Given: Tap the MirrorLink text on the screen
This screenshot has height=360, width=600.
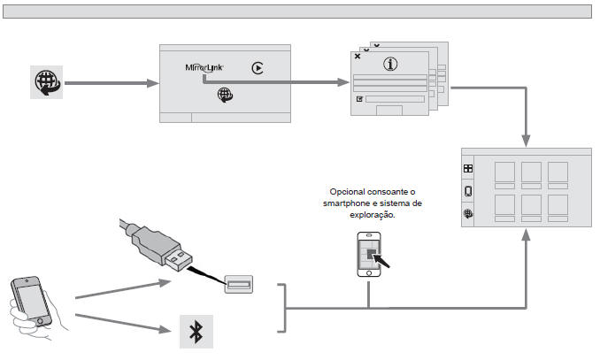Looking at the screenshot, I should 206,66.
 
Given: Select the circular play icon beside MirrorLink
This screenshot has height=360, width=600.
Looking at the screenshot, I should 258,67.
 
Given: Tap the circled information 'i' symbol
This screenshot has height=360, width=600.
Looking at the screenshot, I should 389,64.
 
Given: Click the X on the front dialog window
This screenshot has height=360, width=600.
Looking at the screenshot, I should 357,56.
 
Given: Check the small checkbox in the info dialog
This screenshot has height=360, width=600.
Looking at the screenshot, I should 359,99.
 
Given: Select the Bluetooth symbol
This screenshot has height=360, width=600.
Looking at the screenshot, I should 196,333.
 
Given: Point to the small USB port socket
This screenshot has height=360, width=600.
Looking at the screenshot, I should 238,283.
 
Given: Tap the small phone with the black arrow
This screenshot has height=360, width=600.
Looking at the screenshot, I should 369,255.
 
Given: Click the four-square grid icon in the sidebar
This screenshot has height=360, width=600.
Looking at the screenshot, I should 468,168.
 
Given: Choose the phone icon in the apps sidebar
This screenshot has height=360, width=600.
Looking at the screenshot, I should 468,191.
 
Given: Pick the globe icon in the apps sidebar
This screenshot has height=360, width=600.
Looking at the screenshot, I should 468,213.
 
